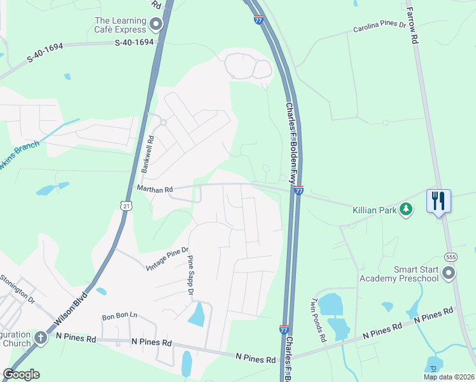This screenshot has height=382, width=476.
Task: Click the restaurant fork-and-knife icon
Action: tap(438, 201)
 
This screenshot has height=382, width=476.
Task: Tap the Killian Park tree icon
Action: tap(405, 209)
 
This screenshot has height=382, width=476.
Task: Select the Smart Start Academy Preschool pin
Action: tap(449, 274)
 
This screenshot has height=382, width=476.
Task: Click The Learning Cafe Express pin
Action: tap(155, 25)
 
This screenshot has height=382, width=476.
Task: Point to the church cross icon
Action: tap(41, 337)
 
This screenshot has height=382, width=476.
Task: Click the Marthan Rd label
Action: tap(155, 190)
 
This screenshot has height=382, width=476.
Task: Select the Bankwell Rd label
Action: tap(146, 155)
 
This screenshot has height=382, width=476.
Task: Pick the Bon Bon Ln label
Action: tap(120, 316)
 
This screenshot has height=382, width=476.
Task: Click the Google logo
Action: tap(21, 374)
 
